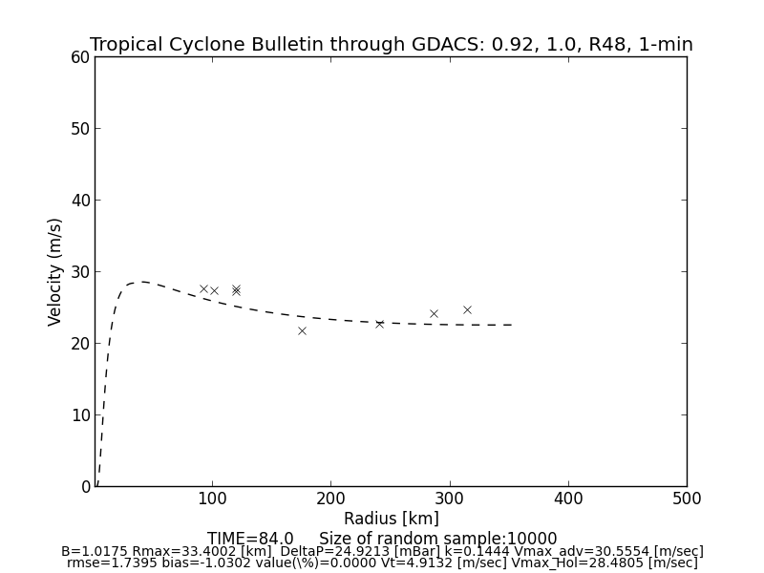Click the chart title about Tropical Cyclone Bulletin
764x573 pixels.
[x=392, y=45]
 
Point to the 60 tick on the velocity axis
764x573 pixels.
[x=79, y=57]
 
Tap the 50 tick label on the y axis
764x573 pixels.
[x=79, y=129]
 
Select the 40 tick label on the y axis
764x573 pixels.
[x=79, y=201]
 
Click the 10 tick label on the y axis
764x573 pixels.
[x=79, y=415]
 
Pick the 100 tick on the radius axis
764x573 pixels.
[x=212, y=499]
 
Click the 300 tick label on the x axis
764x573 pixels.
[x=449, y=499]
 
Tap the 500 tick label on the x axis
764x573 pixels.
[x=686, y=499]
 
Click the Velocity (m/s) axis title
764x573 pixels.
[x=55, y=271]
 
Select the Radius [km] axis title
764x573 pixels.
[x=392, y=519]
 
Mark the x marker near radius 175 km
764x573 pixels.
[x=302, y=330]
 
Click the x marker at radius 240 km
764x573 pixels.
[x=379, y=324]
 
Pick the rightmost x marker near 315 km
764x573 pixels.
[x=467, y=309]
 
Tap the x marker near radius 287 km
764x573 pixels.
[x=434, y=313]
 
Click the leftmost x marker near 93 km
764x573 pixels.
[x=203, y=288]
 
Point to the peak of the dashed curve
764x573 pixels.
[x=141, y=282]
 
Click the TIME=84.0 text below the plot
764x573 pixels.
[x=250, y=539]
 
